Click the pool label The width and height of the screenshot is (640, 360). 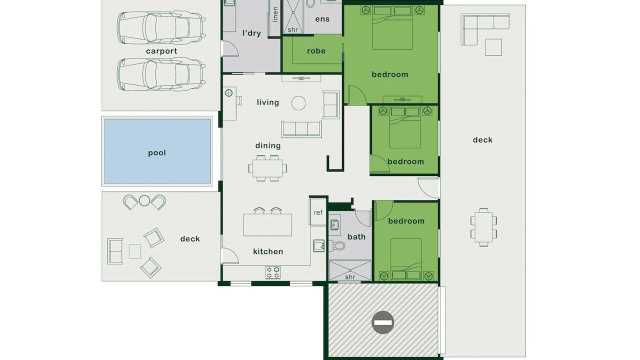tap(157, 153)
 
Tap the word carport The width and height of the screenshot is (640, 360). tap(161, 51)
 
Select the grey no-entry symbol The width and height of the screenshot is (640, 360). tap(383, 322)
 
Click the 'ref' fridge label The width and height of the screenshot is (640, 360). tap(318, 212)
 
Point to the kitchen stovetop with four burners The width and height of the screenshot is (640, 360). tap(273, 272)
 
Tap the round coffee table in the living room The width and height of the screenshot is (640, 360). tap(298, 103)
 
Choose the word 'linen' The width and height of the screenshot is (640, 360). tap(275, 14)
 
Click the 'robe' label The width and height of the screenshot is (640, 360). tap(316, 51)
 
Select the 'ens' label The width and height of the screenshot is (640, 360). tap(322, 19)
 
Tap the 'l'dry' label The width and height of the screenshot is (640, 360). tap(251, 33)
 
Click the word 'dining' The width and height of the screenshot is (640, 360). tap(268, 145)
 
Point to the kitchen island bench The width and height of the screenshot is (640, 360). tap(267, 225)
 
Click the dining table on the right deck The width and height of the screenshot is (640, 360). tap(483, 227)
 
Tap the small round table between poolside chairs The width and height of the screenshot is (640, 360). tap(144, 200)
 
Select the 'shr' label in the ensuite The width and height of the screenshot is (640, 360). tap(293, 29)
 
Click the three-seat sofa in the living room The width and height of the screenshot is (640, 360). tap(301, 129)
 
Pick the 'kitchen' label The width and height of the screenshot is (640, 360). tap(268, 251)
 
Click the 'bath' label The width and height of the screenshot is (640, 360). tap(356, 237)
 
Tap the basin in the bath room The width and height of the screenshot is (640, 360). tap(334, 225)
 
